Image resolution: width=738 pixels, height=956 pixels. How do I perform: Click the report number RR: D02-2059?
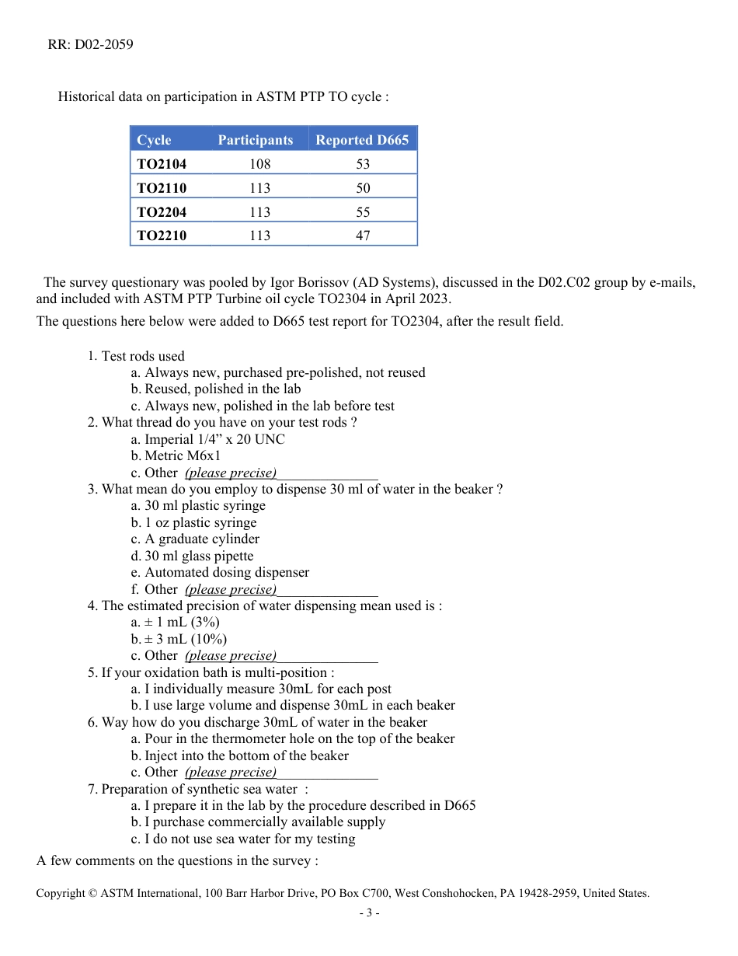[90, 44]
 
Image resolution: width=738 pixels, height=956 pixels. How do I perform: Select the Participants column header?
[255, 140]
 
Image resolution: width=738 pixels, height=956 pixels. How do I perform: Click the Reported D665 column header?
[362, 140]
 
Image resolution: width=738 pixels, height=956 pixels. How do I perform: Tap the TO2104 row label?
[162, 164]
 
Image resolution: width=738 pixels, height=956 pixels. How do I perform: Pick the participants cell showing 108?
[260, 164]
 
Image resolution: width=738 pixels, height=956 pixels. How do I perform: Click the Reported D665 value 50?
[363, 188]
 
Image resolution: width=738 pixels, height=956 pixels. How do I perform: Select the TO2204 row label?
[162, 212]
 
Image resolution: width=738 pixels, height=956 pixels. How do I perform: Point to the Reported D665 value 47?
[363, 236]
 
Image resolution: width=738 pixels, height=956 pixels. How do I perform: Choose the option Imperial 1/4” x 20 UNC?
[214, 439]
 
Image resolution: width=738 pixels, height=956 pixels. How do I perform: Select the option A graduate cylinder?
[202, 539]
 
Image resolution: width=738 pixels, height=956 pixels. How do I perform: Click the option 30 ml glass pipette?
[199, 556]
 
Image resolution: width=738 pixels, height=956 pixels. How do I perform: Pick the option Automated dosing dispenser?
[227, 572]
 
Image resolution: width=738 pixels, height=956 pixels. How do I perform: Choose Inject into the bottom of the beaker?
[246, 755]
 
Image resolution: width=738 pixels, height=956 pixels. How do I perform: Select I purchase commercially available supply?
[264, 822]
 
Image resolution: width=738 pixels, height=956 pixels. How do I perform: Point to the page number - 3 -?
[369, 912]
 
